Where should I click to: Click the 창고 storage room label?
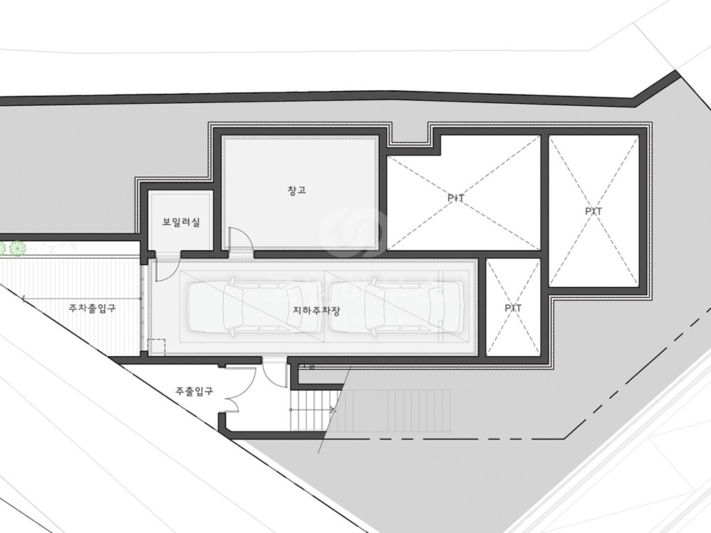tap(297, 190)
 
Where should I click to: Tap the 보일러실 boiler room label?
tap(181, 222)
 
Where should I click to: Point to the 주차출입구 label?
tap(92, 308)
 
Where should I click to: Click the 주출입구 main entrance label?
tap(194, 391)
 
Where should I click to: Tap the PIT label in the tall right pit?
tap(594, 211)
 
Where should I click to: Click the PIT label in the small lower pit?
tap(513, 308)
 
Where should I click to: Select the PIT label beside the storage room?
tap(456, 198)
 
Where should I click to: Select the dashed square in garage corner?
tap(157, 348)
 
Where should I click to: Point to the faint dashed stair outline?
tap(394, 411)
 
